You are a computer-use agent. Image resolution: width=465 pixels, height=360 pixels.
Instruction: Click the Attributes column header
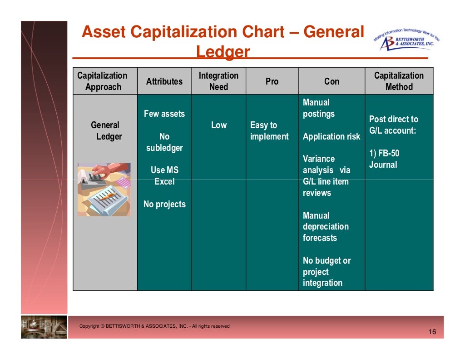click(x=164, y=81)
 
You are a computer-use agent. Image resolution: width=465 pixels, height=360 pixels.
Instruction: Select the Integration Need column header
click(x=218, y=81)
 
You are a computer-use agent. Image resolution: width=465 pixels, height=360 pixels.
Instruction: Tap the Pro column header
click(x=272, y=81)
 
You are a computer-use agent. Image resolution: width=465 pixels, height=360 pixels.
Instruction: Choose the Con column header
click(x=331, y=81)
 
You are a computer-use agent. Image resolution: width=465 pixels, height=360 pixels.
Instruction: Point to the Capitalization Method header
click(x=399, y=81)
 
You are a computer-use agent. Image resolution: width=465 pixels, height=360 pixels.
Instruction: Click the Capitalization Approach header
click(x=103, y=81)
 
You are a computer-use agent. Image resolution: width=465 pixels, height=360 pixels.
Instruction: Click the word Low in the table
click(x=218, y=125)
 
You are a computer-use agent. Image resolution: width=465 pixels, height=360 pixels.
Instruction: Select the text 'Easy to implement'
click(x=269, y=131)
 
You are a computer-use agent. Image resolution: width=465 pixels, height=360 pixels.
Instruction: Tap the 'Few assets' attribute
click(x=164, y=114)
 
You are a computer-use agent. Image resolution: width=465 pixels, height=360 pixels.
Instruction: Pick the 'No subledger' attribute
click(x=164, y=142)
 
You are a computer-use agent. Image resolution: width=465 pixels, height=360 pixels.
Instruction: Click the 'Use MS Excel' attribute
click(x=164, y=176)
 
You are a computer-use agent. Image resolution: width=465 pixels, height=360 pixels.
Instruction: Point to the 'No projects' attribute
click(x=164, y=205)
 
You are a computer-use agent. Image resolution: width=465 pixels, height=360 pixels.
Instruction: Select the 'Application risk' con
click(x=331, y=136)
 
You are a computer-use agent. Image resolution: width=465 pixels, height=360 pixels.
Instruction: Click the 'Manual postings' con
click(x=318, y=108)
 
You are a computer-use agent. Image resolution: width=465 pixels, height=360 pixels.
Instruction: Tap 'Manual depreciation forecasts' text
click(x=326, y=226)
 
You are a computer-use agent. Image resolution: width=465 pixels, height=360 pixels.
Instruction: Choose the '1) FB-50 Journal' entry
click(x=384, y=159)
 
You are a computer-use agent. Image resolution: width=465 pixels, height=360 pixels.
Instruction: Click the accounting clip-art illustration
click(x=104, y=189)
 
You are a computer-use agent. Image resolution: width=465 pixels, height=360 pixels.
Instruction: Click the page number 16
click(x=432, y=332)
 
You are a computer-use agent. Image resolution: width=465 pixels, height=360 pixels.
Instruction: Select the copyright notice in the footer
click(x=154, y=326)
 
